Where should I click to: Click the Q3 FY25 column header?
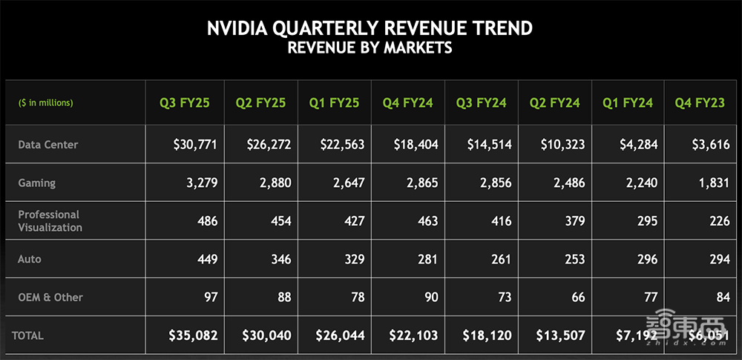coord(185,103)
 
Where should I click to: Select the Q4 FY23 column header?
coord(697,103)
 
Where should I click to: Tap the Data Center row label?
coord(48,145)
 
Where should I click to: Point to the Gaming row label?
coord(37,183)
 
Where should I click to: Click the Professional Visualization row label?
coord(50,221)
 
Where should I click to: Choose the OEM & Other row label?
coord(50,298)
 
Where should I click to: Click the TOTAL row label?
coord(27,336)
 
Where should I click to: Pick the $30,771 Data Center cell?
coord(194,145)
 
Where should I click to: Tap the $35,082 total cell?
coord(193,336)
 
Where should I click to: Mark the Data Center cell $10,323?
coord(561,145)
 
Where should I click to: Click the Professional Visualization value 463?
coord(427,221)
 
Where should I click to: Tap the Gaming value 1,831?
coord(715,183)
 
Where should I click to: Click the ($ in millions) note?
coord(46,103)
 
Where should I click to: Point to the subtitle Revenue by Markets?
coord(370,48)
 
